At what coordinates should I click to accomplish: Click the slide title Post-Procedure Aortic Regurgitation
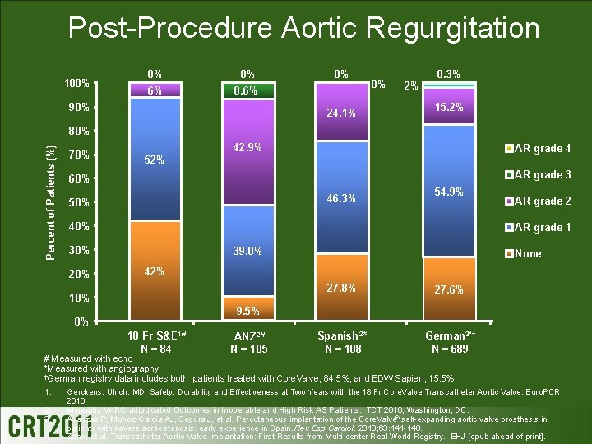pos(303,28)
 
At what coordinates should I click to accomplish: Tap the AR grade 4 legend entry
pos(539,149)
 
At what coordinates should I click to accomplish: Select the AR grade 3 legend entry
pos(539,174)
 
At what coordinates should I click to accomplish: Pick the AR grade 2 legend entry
pos(539,201)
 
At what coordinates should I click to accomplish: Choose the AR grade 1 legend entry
pos(539,227)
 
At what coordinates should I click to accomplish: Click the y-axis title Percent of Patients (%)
pos(51,202)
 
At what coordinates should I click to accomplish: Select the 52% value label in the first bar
pos(155,160)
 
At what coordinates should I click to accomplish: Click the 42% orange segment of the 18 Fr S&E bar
pos(155,280)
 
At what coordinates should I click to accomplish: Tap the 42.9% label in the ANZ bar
pos(247,148)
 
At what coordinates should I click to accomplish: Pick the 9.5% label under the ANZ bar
pos(247,311)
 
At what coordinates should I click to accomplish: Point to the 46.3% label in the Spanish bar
pos(340,198)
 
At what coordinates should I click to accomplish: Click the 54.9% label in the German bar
pos(449,192)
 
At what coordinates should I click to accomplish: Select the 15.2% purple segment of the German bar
pos(449,109)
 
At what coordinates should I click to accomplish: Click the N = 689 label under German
pos(449,349)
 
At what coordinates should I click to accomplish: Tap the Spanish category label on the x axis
pos(340,335)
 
